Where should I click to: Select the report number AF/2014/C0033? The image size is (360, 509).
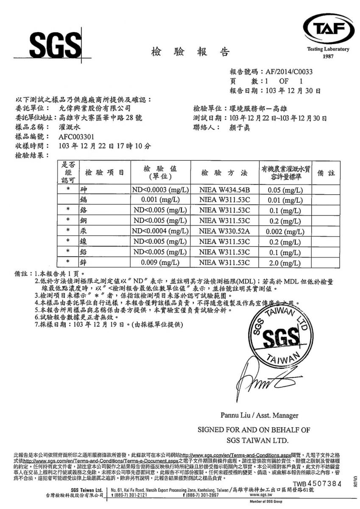(x=288, y=72)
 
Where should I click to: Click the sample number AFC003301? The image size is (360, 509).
(x=76, y=137)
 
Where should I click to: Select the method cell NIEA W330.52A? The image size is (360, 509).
(x=225, y=232)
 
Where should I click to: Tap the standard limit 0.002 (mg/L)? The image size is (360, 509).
(x=285, y=232)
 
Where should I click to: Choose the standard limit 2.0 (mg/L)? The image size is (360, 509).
(x=285, y=263)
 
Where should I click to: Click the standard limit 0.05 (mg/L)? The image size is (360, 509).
(x=285, y=190)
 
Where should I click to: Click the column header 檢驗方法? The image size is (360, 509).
(x=225, y=173)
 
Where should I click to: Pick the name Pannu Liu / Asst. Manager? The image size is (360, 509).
(x=259, y=415)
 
